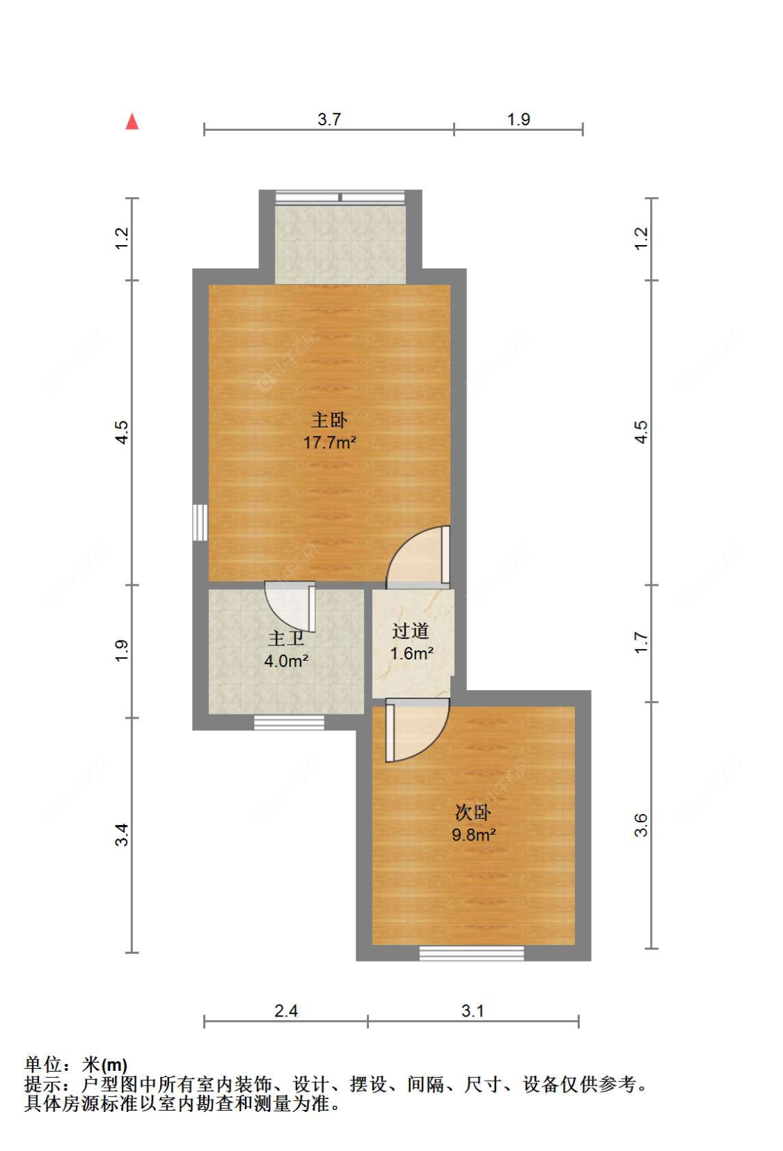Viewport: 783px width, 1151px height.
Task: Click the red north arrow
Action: tap(132, 122)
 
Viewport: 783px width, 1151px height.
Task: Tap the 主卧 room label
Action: tap(329, 421)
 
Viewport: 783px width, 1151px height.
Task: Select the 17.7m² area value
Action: tap(330, 442)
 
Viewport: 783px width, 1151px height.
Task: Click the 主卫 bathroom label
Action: tap(286, 639)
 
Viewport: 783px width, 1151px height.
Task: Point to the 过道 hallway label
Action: tap(410, 631)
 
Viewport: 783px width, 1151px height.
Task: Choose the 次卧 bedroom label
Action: tap(473, 813)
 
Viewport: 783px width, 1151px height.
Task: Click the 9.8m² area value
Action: tap(473, 834)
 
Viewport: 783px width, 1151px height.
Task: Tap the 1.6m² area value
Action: tap(412, 653)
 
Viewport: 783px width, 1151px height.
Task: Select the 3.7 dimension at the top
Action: tap(329, 119)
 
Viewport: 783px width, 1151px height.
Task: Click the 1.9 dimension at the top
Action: tap(519, 119)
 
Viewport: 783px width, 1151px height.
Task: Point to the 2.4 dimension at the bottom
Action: tap(286, 1011)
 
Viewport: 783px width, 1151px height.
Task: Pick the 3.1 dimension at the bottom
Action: tap(473, 1011)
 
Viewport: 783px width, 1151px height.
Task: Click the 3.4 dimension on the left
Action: tap(122, 834)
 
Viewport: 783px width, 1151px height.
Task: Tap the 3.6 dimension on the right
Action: tap(641, 825)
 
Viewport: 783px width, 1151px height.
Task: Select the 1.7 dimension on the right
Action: tap(641, 643)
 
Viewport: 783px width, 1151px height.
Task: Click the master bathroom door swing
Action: tap(290, 606)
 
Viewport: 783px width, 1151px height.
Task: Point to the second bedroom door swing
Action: tap(418, 730)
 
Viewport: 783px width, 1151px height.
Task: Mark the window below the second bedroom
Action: tap(471, 953)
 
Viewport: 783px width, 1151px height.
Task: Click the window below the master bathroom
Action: tap(289, 723)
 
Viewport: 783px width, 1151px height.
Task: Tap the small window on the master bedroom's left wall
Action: tap(200, 522)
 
